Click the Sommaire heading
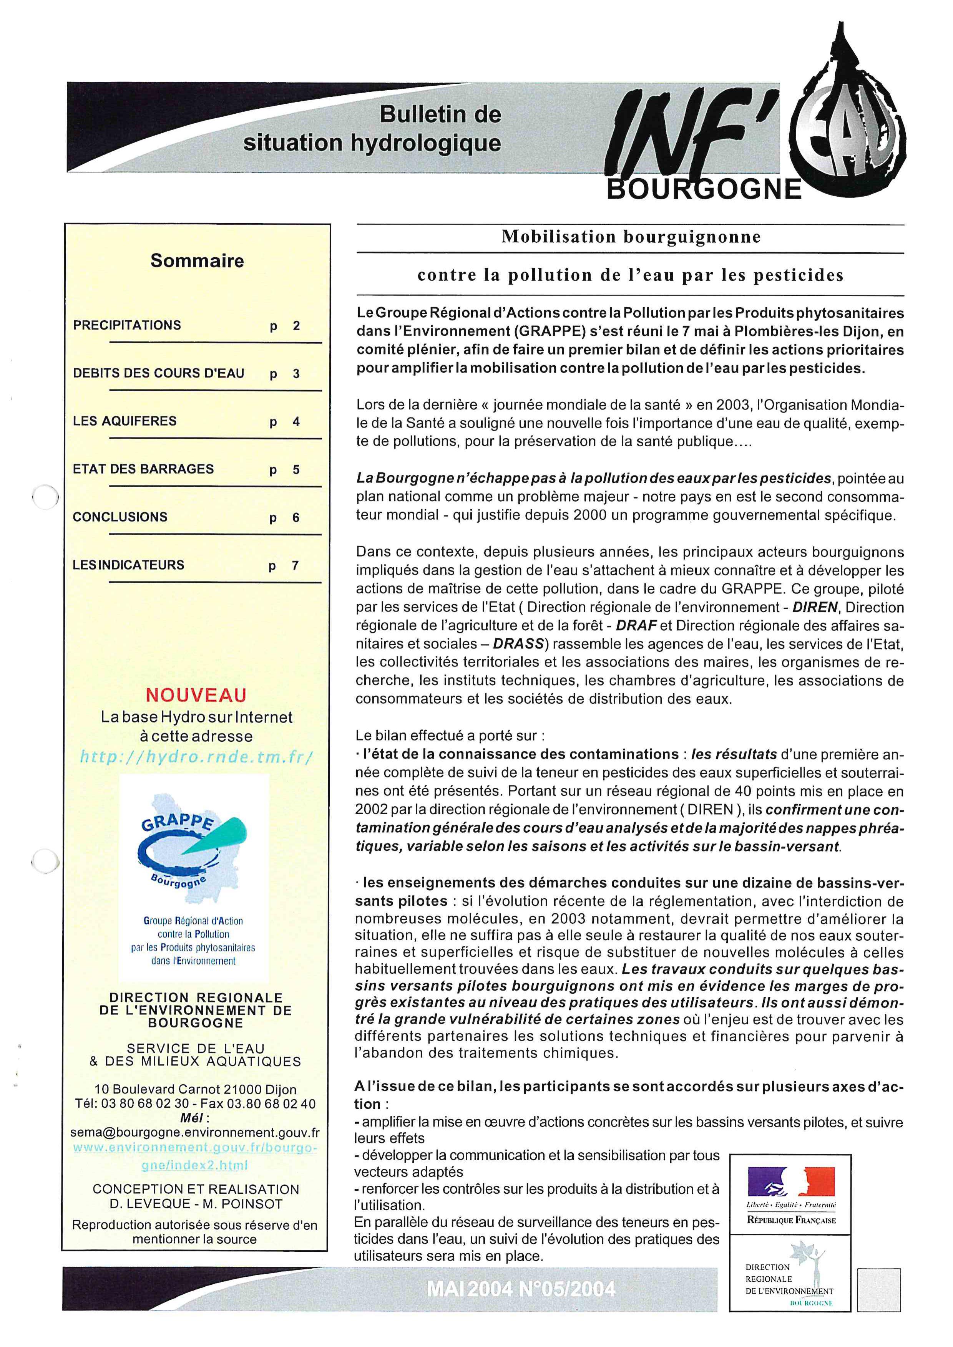click(197, 260)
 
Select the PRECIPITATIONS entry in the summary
click(127, 325)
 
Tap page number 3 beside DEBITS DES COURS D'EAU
click(296, 374)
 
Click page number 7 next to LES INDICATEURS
click(295, 565)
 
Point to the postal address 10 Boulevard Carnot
click(196, 1089)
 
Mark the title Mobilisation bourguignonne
click(631, 237)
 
